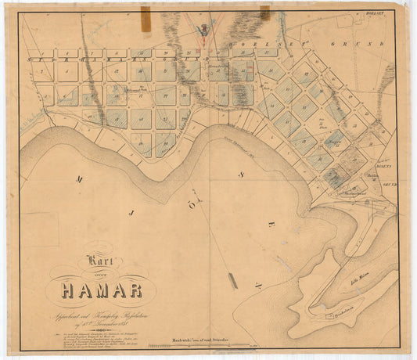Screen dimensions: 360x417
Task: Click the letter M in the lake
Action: click(x=79, y=179)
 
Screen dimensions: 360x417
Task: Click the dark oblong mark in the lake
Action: click(x=232, y=280)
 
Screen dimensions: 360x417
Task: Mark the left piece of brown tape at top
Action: click(x=146, y=16)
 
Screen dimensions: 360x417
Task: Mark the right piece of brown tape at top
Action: click(x=264, y=12)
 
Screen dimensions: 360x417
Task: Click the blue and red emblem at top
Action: click(x=203, y=30)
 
